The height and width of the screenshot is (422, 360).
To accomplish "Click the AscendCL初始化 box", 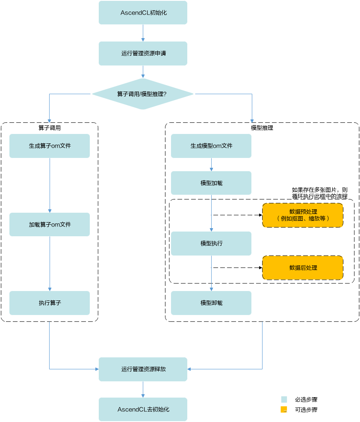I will click(143, 12).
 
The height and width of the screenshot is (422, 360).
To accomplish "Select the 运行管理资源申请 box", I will click(143, 53).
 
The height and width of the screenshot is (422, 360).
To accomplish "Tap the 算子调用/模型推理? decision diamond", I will click(143, 94).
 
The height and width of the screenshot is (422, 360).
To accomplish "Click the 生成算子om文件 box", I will click(50, 146).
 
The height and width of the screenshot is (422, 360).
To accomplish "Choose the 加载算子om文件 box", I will click(50, 224).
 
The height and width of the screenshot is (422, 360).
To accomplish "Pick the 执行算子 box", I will click(50, 303).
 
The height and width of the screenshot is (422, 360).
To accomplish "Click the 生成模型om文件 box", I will click(211, 146).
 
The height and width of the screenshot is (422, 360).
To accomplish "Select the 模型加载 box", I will click(211, 183).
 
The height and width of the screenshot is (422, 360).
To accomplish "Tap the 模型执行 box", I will click(211, 244).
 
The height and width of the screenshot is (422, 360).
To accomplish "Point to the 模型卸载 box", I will click(211, 303).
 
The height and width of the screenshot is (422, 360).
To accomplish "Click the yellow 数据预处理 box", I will click(303, 215).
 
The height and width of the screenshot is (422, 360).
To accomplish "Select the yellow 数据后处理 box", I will click(303, 268).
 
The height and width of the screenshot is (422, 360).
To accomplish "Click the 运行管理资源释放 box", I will click(143, 369).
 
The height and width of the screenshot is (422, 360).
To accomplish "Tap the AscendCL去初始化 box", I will click(143, 409).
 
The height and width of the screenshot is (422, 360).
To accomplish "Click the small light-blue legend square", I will click(284, 399).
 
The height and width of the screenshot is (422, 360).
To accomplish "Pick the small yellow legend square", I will click(284, 410).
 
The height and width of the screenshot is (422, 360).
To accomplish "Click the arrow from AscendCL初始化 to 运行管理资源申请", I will click(143, 33).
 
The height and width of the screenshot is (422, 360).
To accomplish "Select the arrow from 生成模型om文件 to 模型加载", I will click(211, 165).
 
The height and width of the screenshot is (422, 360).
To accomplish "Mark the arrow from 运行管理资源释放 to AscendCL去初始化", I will click(143, 389).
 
